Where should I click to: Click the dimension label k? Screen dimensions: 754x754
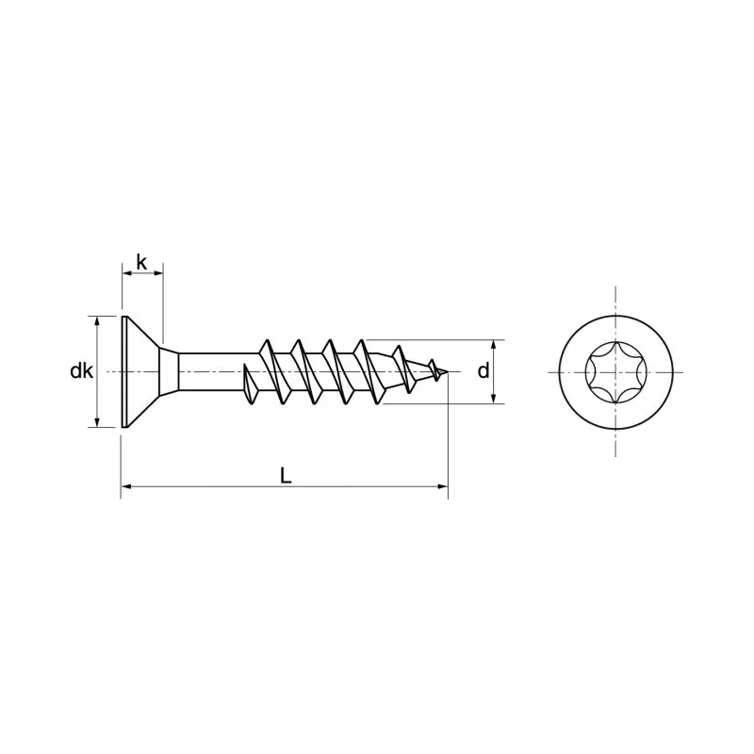tap(141, 261)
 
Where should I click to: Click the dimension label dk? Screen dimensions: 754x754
tap(81, 371)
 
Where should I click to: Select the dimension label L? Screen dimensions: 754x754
tap(286, 476)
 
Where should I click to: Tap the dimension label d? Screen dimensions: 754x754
tap(483, 371)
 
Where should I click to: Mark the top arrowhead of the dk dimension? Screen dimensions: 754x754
tap(98, 321)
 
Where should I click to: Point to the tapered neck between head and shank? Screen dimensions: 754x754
tap(169, 371)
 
